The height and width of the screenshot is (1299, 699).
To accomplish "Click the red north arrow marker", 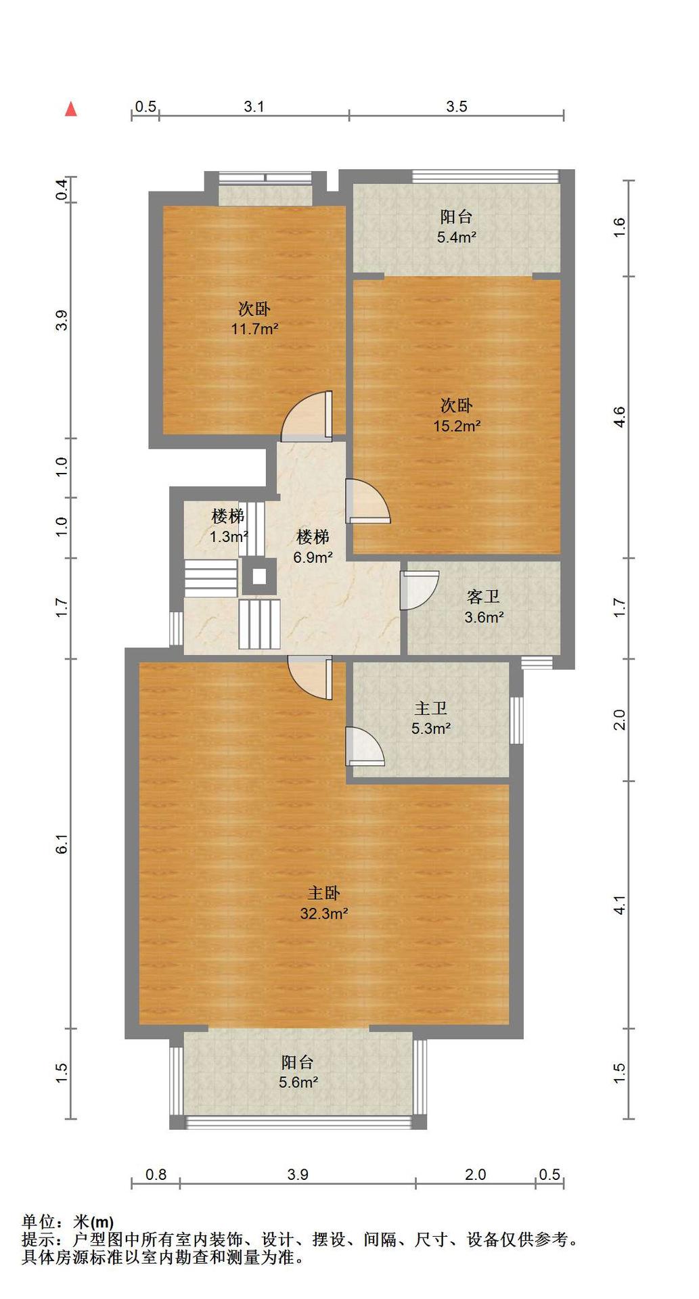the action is (x=70, y=109).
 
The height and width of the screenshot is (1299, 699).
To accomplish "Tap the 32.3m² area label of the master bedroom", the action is (x=324, y=914).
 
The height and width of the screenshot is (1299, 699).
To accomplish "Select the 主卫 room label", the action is (x=431, y=708).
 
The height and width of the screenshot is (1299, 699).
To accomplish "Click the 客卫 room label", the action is (x=483, y=597).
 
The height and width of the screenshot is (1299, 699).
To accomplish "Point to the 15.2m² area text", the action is (x=457, y=426).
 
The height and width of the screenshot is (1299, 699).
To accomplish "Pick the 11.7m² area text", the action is (x=255, y=329).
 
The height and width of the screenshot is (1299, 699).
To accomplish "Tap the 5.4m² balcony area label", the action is (x=457, y=237).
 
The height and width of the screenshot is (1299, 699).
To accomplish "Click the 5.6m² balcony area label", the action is (x=298, y=1082).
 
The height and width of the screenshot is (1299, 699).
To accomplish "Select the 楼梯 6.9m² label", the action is (x=313, y=547).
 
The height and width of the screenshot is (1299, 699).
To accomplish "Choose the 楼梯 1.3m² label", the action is (x=228, y=526).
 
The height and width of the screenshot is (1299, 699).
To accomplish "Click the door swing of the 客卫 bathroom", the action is (x=419, y=591).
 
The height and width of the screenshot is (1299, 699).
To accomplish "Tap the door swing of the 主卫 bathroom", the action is (x=365, y=746).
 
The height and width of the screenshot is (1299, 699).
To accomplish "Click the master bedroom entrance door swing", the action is (x=310, y=678).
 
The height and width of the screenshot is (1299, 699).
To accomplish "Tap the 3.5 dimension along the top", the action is (x=457, y=106).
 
